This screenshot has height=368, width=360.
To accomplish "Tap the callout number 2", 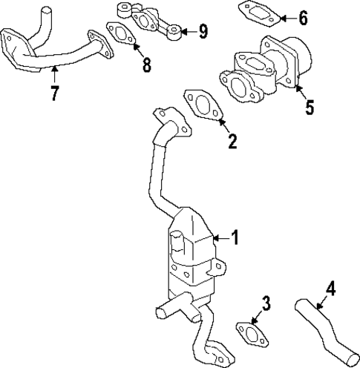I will pyautogui.click(x=232, y=141).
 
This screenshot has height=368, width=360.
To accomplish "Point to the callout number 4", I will pyautogui.click(x=332, y=289).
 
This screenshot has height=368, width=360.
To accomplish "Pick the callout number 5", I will pyautogui.click(x=308, y=105).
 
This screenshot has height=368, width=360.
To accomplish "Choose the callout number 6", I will pyautogui.click(x=302, y=16).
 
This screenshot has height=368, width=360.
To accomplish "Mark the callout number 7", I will pyautogui.click(x=54, y=93).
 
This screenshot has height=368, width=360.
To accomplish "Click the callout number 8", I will pyautogui.click(x=146, y=64).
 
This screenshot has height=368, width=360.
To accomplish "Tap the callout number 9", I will pyautogui.click(x=203, y=31).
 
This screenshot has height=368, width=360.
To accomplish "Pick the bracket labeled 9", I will pyautogui.click(x=148, y=19).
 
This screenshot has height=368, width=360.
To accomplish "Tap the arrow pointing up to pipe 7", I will pyautogui.click(x=54, y=75).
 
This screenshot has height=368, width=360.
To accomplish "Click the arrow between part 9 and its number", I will pyautogui.click(x=188, y=31).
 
